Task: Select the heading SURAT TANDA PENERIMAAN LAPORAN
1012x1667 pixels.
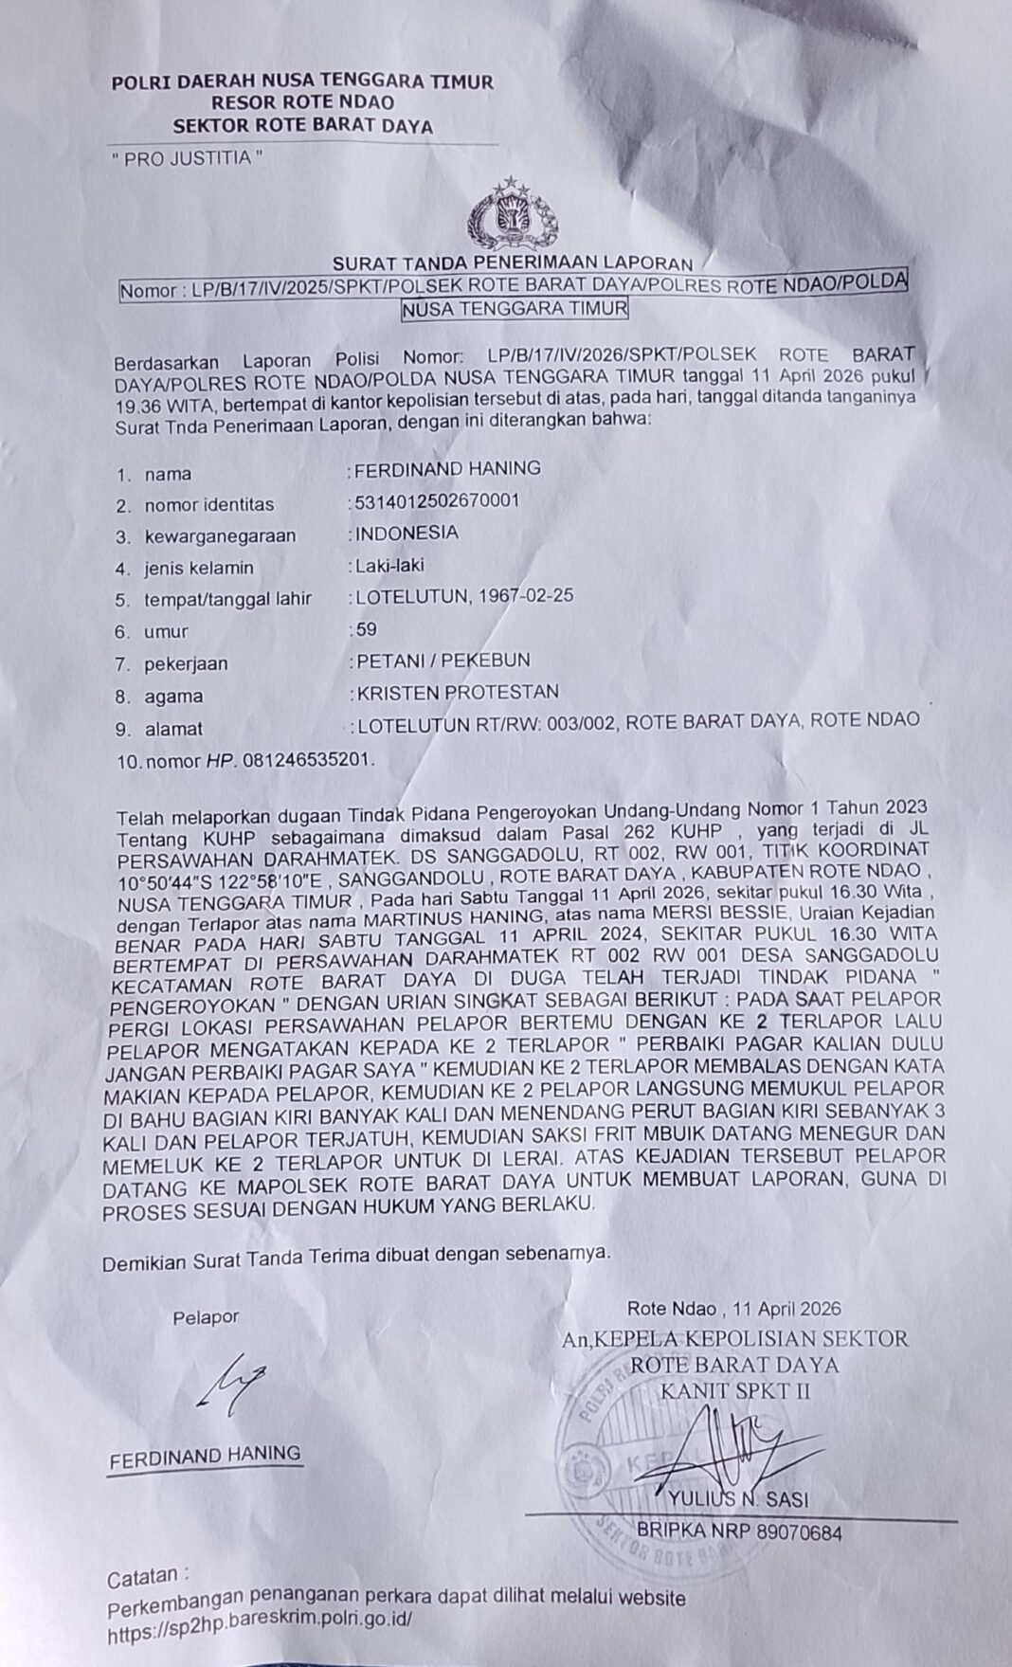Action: click(x=512, y=263)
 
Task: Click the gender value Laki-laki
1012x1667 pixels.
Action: click(x=389, y=566)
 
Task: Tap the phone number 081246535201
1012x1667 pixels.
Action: click(x=308, y=760)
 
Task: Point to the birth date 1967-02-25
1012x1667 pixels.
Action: click(x=526, y=596)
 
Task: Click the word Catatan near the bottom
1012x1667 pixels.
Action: click(x=143, y=1579)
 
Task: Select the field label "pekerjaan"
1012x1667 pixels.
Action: click(x=186, y=663)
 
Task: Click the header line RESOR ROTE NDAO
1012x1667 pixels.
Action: click(x=302, y=102)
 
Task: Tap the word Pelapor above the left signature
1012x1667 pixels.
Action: click(x=206, y=1316)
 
